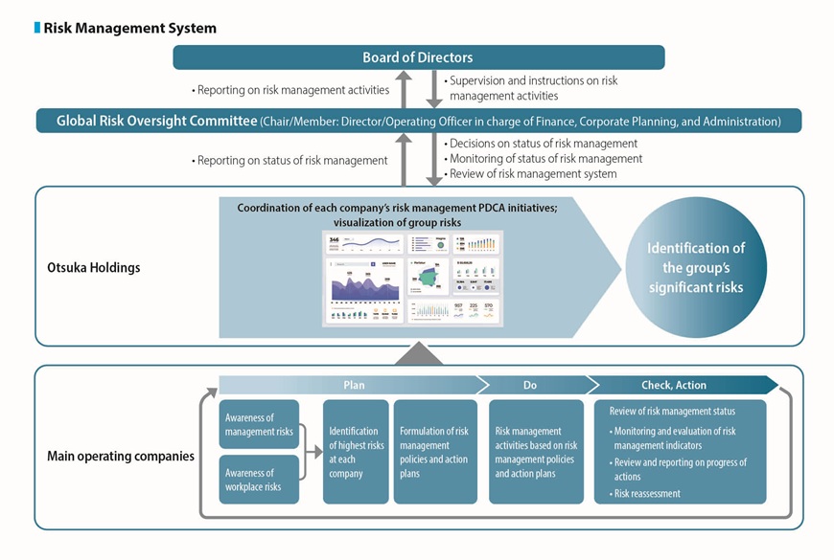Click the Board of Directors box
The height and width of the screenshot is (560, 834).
pos(418,57)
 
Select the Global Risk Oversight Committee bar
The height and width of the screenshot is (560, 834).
pos(418,122)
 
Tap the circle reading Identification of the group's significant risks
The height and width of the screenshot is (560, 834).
pos(695,268)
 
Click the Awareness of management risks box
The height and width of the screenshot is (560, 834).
pos(259,424)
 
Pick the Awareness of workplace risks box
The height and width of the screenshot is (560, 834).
pos(259,480)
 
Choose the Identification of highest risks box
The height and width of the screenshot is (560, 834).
pos(356,452)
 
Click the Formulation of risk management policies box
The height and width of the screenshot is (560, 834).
pos(435,452)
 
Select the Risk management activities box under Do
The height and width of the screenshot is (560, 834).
pos(536,452)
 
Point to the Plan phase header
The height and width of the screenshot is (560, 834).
pos(353,385)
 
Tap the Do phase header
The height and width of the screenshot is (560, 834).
pos(530,385)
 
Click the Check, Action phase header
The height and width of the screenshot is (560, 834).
pos(673,385)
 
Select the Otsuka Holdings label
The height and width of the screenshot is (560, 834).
pos(94,267)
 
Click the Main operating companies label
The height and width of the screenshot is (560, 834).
pos(121,457)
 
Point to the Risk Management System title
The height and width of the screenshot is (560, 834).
pos(129,28)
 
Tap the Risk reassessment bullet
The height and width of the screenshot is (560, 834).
pos(647,494)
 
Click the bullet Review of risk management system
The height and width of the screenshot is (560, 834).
pos(533,173)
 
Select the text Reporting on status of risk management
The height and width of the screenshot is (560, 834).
pos(291,160)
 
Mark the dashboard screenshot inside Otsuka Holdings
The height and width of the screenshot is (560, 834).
pos(414,278)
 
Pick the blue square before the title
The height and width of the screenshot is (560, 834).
pos(37,28)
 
